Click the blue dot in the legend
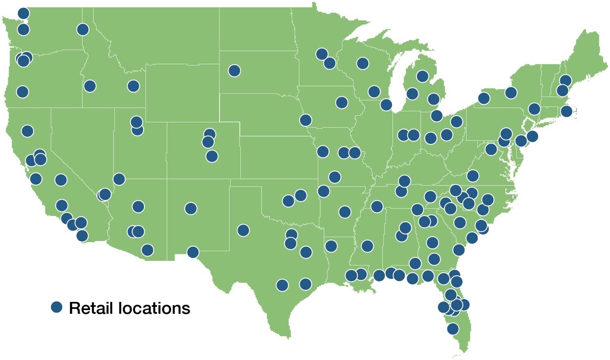coord(56,307)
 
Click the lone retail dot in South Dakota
coord(234,71)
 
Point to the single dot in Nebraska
coord(305,120)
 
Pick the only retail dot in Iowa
coord(342,102)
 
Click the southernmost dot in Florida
coord(453,328)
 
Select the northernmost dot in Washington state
coord(23,13)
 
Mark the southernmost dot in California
coord(82,236)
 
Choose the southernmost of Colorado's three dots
coord(212,156)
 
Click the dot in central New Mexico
coord(191,209)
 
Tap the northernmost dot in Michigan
coord(422,76)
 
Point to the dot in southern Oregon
coord(22,92)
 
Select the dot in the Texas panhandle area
coord(243,230)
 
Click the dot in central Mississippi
coord(367,246)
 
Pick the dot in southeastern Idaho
coord(133,86)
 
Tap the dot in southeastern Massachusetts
coord(566,111)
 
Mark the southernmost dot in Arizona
coord(147,250)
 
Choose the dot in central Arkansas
coord(345,212)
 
